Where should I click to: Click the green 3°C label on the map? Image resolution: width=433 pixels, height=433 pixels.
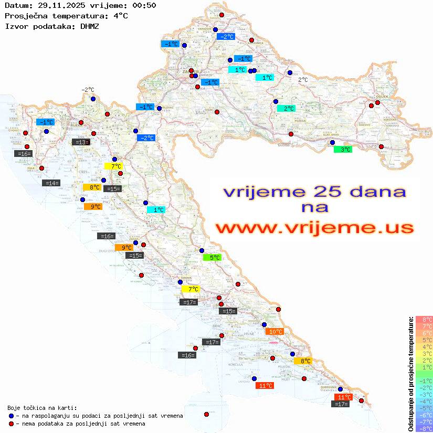pos(343,150)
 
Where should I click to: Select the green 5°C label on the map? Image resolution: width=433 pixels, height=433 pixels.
pos(212,258)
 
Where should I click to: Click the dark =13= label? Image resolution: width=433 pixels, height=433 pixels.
pos(81,142)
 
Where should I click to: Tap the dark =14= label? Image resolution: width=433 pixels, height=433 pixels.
pos(51,183)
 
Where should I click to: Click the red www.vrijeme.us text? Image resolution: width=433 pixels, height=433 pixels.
pos(314,228)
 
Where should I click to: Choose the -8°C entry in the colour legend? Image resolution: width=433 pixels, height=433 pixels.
pos(424,429)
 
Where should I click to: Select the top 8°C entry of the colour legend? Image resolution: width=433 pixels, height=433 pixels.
pos(424,319)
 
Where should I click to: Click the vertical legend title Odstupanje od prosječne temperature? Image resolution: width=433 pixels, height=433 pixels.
pos(410,373)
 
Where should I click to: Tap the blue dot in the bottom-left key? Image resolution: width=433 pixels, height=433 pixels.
pos(11,416)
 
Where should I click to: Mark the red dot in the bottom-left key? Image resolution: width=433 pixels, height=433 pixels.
pos(11,424)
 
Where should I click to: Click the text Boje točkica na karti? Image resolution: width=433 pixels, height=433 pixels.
pos(42,408)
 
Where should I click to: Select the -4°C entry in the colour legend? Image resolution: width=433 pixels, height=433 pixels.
pos(424,402)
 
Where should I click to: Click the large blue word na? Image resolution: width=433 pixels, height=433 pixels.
pos(314,208)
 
